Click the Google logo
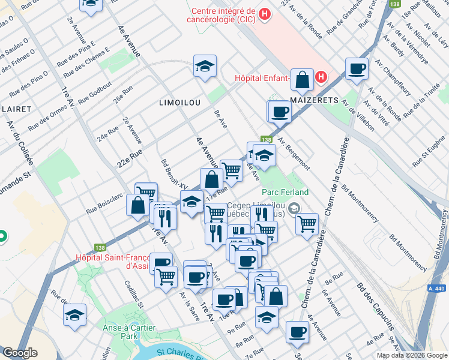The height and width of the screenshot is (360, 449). [x=20, y=353]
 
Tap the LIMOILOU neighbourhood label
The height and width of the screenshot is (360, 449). [x=179, y=103]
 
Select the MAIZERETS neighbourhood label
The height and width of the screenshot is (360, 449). [x=315, y=100]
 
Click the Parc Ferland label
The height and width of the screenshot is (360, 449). [x=285, y=192]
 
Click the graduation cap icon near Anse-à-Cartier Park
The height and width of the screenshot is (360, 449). [x=74, y=314]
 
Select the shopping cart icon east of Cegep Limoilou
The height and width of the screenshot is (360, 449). [x=307, y=223]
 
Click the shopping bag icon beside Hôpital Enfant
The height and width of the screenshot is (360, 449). [x=304, y=79]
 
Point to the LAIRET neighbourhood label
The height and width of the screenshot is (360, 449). [x=16, y=109]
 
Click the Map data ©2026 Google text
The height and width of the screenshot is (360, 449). [x=412, y=355]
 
